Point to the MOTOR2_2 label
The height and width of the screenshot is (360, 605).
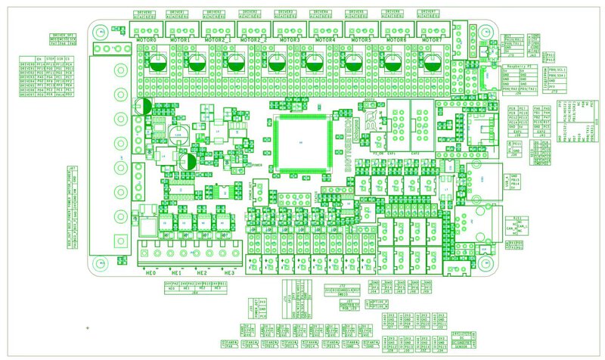click(254, 38)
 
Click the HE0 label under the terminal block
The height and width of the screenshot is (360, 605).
click(150, 272)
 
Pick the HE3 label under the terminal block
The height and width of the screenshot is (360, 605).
click(228, 272)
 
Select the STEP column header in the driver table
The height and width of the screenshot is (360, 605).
click(51, 57)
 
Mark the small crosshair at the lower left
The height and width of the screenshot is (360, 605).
click(88, 327)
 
